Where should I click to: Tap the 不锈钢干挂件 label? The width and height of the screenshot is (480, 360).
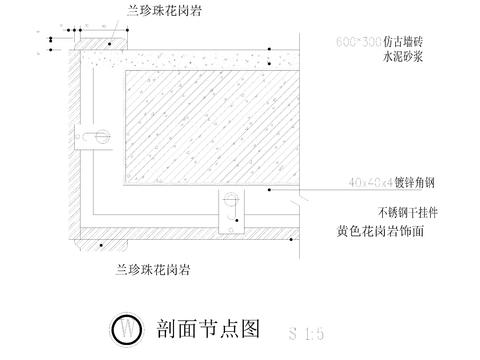click(407, 212)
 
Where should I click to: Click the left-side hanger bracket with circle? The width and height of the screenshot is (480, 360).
click(98, 134)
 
